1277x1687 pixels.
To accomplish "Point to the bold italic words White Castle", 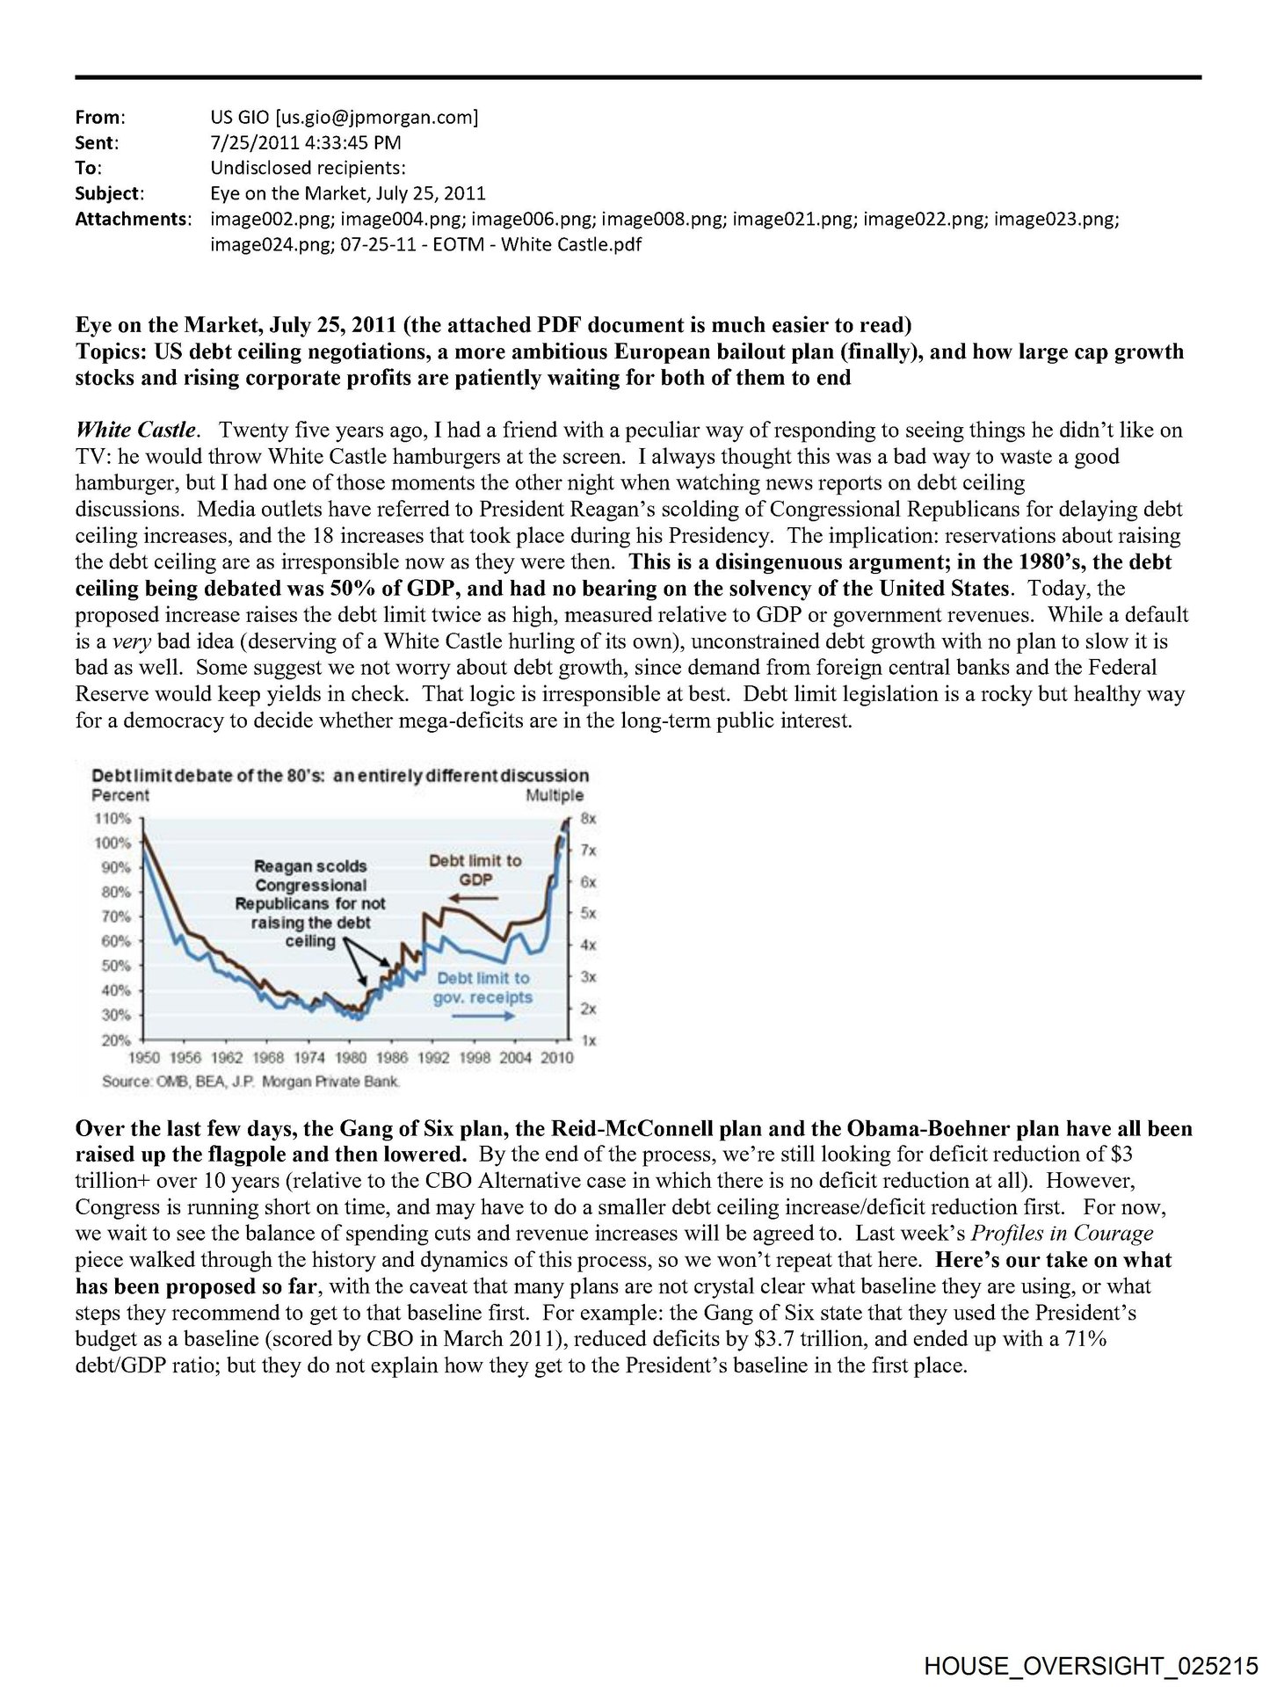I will [x=136, y=430].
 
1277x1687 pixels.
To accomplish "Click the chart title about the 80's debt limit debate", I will [x=340, y=776].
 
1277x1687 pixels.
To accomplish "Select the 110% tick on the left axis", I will [x=113, y=818].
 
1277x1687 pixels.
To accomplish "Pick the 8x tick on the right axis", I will [x=588, y=818].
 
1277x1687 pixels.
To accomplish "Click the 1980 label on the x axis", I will [x=352, y=1057].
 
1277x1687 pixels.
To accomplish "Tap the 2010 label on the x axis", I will [x=556, y=1057].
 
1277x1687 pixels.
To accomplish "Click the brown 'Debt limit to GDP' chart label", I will [x=475, y=870].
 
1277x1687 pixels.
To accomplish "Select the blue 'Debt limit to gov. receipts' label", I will [x=483, y=988].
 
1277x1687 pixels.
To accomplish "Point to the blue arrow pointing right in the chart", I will [x=483, y=1016].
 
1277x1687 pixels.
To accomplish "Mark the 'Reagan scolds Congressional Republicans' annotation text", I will [x=310, y=903].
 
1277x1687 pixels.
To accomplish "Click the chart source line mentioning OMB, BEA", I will [x=250, y=1082].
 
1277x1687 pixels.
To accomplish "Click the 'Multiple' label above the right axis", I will [x=555, y=795].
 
